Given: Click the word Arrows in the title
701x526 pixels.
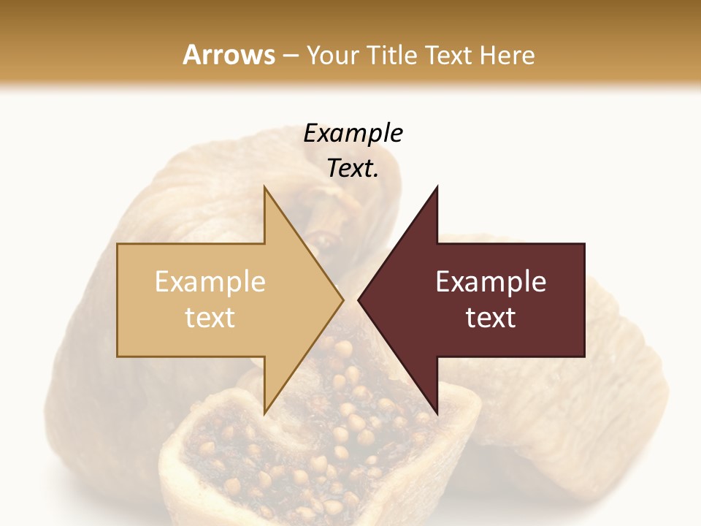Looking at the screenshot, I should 229,55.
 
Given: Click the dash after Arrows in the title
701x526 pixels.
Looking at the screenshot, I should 291,56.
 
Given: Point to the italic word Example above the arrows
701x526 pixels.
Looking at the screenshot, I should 353,134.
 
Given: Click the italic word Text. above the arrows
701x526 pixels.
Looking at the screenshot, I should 353,169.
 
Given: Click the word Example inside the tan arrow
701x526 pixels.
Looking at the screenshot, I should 210,282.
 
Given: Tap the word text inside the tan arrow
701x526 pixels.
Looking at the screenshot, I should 210,318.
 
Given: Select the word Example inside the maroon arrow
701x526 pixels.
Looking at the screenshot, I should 491,282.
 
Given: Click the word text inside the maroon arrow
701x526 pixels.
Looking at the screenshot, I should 491,318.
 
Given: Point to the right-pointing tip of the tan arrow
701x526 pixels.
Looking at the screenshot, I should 342,300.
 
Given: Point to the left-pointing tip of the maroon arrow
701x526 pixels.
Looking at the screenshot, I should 359,300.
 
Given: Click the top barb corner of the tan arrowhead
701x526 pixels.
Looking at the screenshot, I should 265,188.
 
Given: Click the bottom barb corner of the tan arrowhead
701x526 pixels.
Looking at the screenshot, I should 265,413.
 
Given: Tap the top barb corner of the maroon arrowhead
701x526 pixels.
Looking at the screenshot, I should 437,188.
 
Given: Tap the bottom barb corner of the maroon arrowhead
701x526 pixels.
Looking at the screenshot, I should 437,413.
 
